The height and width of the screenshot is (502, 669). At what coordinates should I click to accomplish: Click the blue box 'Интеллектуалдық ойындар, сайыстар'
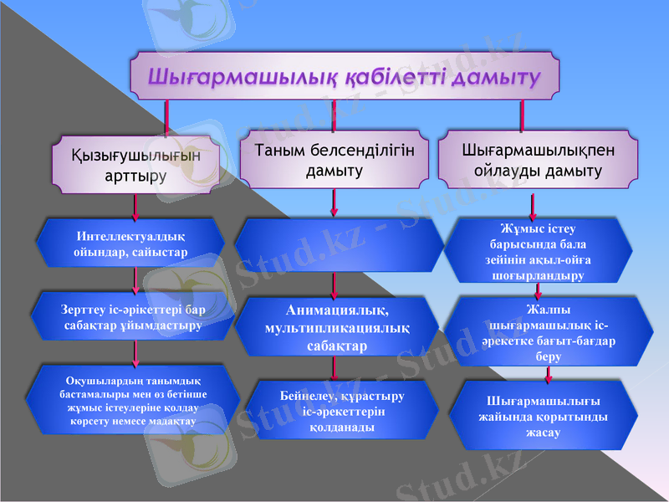(130, 243)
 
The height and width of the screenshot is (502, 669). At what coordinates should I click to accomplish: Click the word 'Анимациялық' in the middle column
(337, 310)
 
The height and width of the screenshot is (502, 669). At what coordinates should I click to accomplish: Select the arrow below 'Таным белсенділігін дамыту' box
(334, 202)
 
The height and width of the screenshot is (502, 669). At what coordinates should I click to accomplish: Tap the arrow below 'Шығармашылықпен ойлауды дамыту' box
(533, 203)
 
